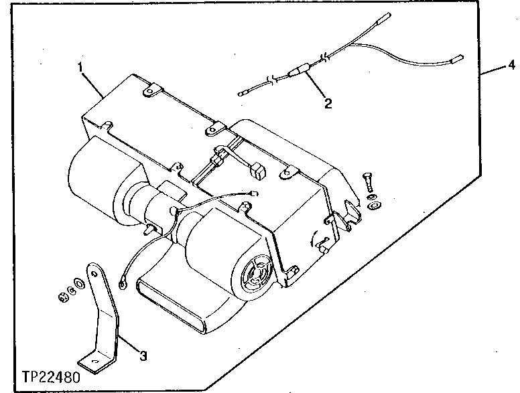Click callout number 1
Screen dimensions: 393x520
coord(80,67)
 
